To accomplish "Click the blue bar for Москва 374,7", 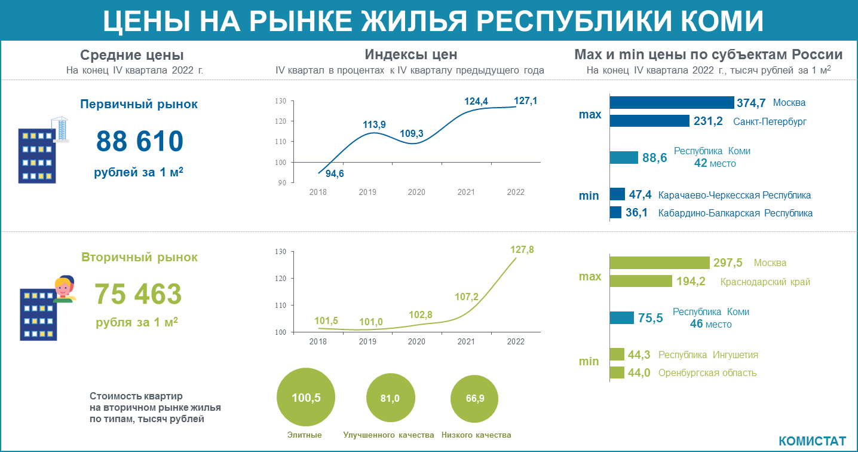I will [672, 103].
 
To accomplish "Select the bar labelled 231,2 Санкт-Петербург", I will [649, 121].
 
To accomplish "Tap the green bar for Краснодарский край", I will [641, 281].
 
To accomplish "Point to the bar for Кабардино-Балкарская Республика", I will [615, 212].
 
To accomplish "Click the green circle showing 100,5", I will [306, 398].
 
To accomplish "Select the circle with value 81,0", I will [390, 398].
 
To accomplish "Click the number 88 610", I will [139, 142].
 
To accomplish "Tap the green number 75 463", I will [138, 294].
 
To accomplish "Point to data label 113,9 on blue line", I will [374, 124].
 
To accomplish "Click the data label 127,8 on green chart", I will [522, 249].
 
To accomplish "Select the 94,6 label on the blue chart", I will [335, 174].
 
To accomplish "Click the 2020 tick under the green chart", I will [416, 341].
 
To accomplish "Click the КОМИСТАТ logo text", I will [812, 441].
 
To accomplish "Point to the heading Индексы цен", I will [410, 54].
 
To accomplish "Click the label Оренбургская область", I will [707, 373].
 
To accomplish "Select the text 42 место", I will [715, 163].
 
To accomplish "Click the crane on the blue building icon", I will [61, 128].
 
